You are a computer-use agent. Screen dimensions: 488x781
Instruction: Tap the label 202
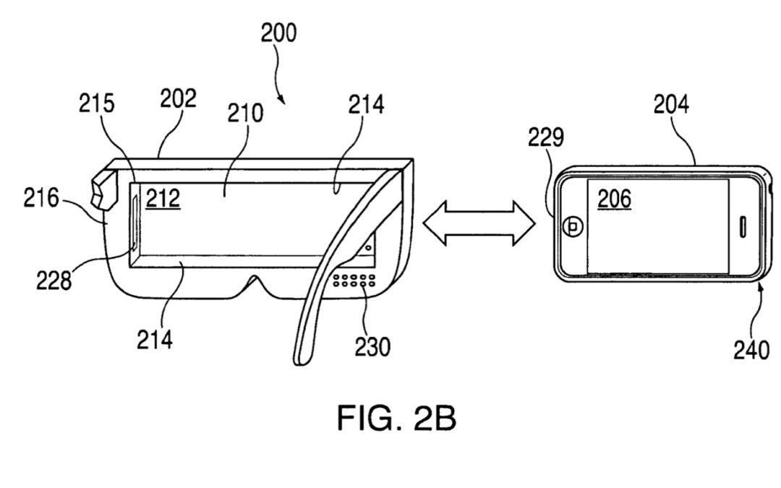click(x=178, y=100)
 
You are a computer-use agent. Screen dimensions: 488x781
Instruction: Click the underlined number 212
click(x=164, y=198)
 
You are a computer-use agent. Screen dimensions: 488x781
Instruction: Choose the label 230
click(x=371, y=346)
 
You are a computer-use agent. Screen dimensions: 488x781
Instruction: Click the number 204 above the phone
click(x=670, y=106)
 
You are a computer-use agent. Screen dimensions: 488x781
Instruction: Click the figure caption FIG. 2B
click(x=396, y=418)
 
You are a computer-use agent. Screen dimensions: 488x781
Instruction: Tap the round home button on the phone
click(x=573, y=226)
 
